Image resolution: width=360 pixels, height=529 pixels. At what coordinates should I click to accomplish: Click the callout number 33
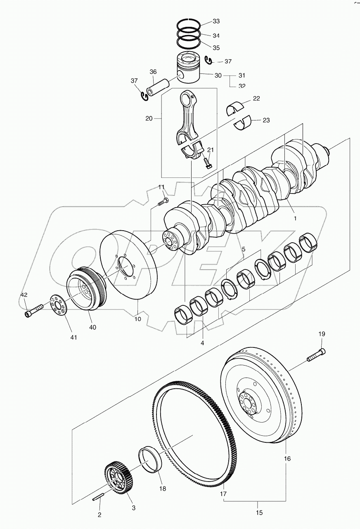coord(216,21)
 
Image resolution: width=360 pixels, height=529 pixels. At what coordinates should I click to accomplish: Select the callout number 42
coord(24,295)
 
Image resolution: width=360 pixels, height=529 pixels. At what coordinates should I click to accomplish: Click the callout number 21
coord(210,150)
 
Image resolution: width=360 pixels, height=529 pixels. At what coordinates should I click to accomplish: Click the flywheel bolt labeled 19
coord(316,355)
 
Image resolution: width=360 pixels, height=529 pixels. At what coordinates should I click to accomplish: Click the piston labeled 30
coord(188,68)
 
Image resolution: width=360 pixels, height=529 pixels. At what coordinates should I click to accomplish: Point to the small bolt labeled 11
coord(163,202)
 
